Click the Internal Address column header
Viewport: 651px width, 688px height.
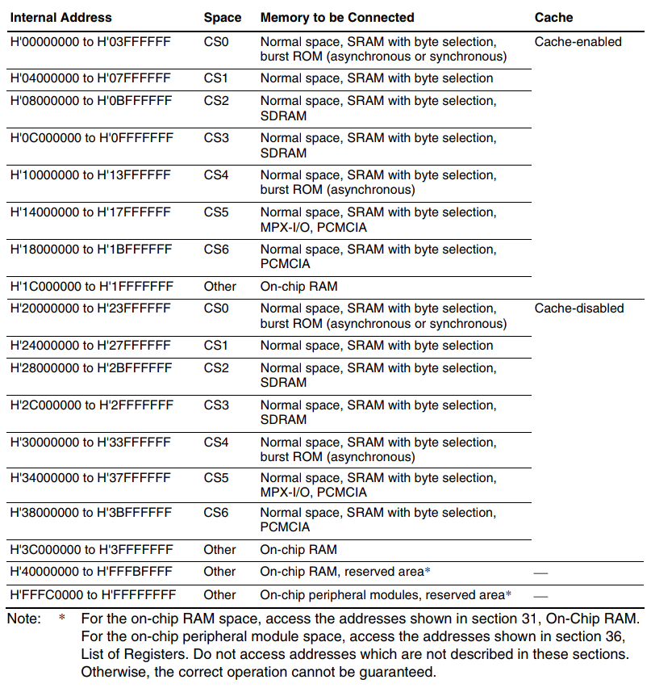click(x=61, y=17)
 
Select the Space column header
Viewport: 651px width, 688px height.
click(x=223, y=17)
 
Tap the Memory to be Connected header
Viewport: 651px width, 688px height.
click(x=337, y=17)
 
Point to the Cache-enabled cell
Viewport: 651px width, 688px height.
click(x=578, y=41)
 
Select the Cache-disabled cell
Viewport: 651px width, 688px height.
click(x=579, y=308)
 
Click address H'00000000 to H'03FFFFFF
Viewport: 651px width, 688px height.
click(x=90, y=41)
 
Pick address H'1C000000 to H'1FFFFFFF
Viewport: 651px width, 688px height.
click(x=91, y=286)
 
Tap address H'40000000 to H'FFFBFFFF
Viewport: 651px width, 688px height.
click(x=91, y=572)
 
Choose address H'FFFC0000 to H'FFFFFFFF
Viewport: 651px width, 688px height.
click(x=93, y=595)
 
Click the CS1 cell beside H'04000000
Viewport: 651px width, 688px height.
click(x=216, y=78)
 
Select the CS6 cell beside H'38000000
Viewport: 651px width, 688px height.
click(x=216, y=513)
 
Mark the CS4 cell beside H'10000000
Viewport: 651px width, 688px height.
click(x=216, y=175)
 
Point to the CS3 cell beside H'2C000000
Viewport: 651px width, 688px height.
click(x=216, y=405)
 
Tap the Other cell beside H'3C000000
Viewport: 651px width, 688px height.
click(x=220, y=550)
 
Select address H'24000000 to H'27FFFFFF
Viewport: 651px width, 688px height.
click(x=90, y=346)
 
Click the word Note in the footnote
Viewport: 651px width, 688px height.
click(x=23, y=619)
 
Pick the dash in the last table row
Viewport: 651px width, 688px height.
click(x=540, y=596)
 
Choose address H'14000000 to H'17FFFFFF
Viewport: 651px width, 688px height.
click(x=90, y=212)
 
